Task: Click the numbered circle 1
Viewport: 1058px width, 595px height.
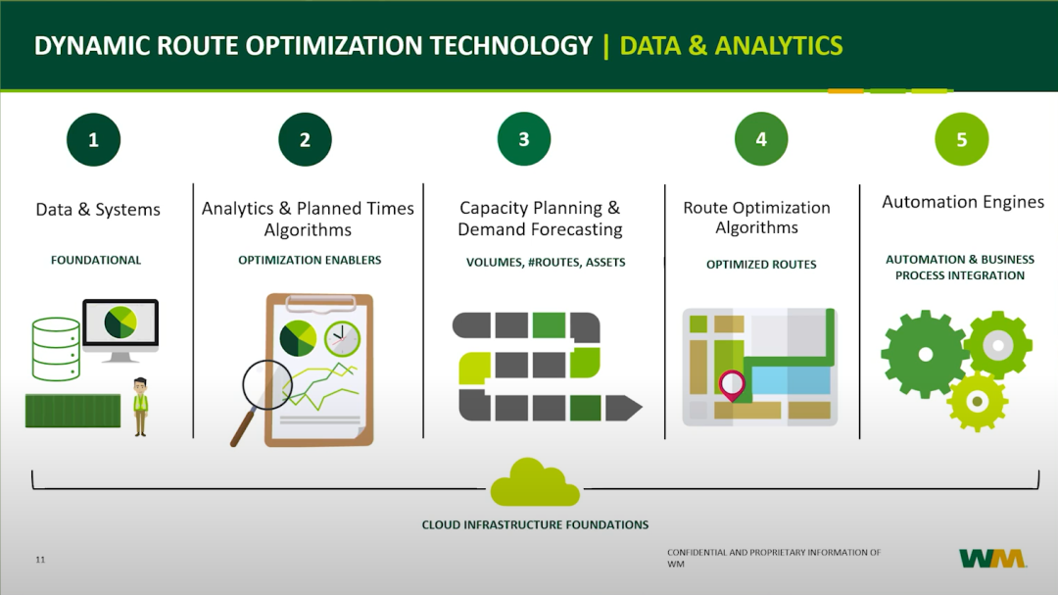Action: coord(93,140)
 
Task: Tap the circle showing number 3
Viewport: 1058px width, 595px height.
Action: coord(523,139)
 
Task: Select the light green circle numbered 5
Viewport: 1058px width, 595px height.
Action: coord(962,139)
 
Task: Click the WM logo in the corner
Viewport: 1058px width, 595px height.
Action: coord(992,559)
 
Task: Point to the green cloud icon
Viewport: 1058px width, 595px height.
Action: coord(535,483)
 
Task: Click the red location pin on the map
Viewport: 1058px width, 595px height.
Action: coord(732,385)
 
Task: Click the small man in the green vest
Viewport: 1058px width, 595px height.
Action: coord(140,407)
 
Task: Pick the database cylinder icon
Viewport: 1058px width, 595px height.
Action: coord(56,349)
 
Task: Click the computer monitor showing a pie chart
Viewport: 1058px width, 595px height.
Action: coord(120,329)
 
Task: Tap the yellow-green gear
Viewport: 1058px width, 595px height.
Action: coord(977,402)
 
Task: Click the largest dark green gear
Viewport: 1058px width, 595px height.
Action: coord(925,354)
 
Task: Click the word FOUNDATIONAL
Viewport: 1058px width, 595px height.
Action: coord(96,260)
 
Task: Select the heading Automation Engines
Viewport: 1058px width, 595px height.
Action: coord(963,202)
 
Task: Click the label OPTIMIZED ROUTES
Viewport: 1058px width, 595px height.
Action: coord(761,264)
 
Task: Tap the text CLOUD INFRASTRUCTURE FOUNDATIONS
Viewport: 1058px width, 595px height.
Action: coord(535,524)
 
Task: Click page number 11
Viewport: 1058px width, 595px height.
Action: coord(40,559)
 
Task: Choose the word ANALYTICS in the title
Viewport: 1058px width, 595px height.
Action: coord(779,46)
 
